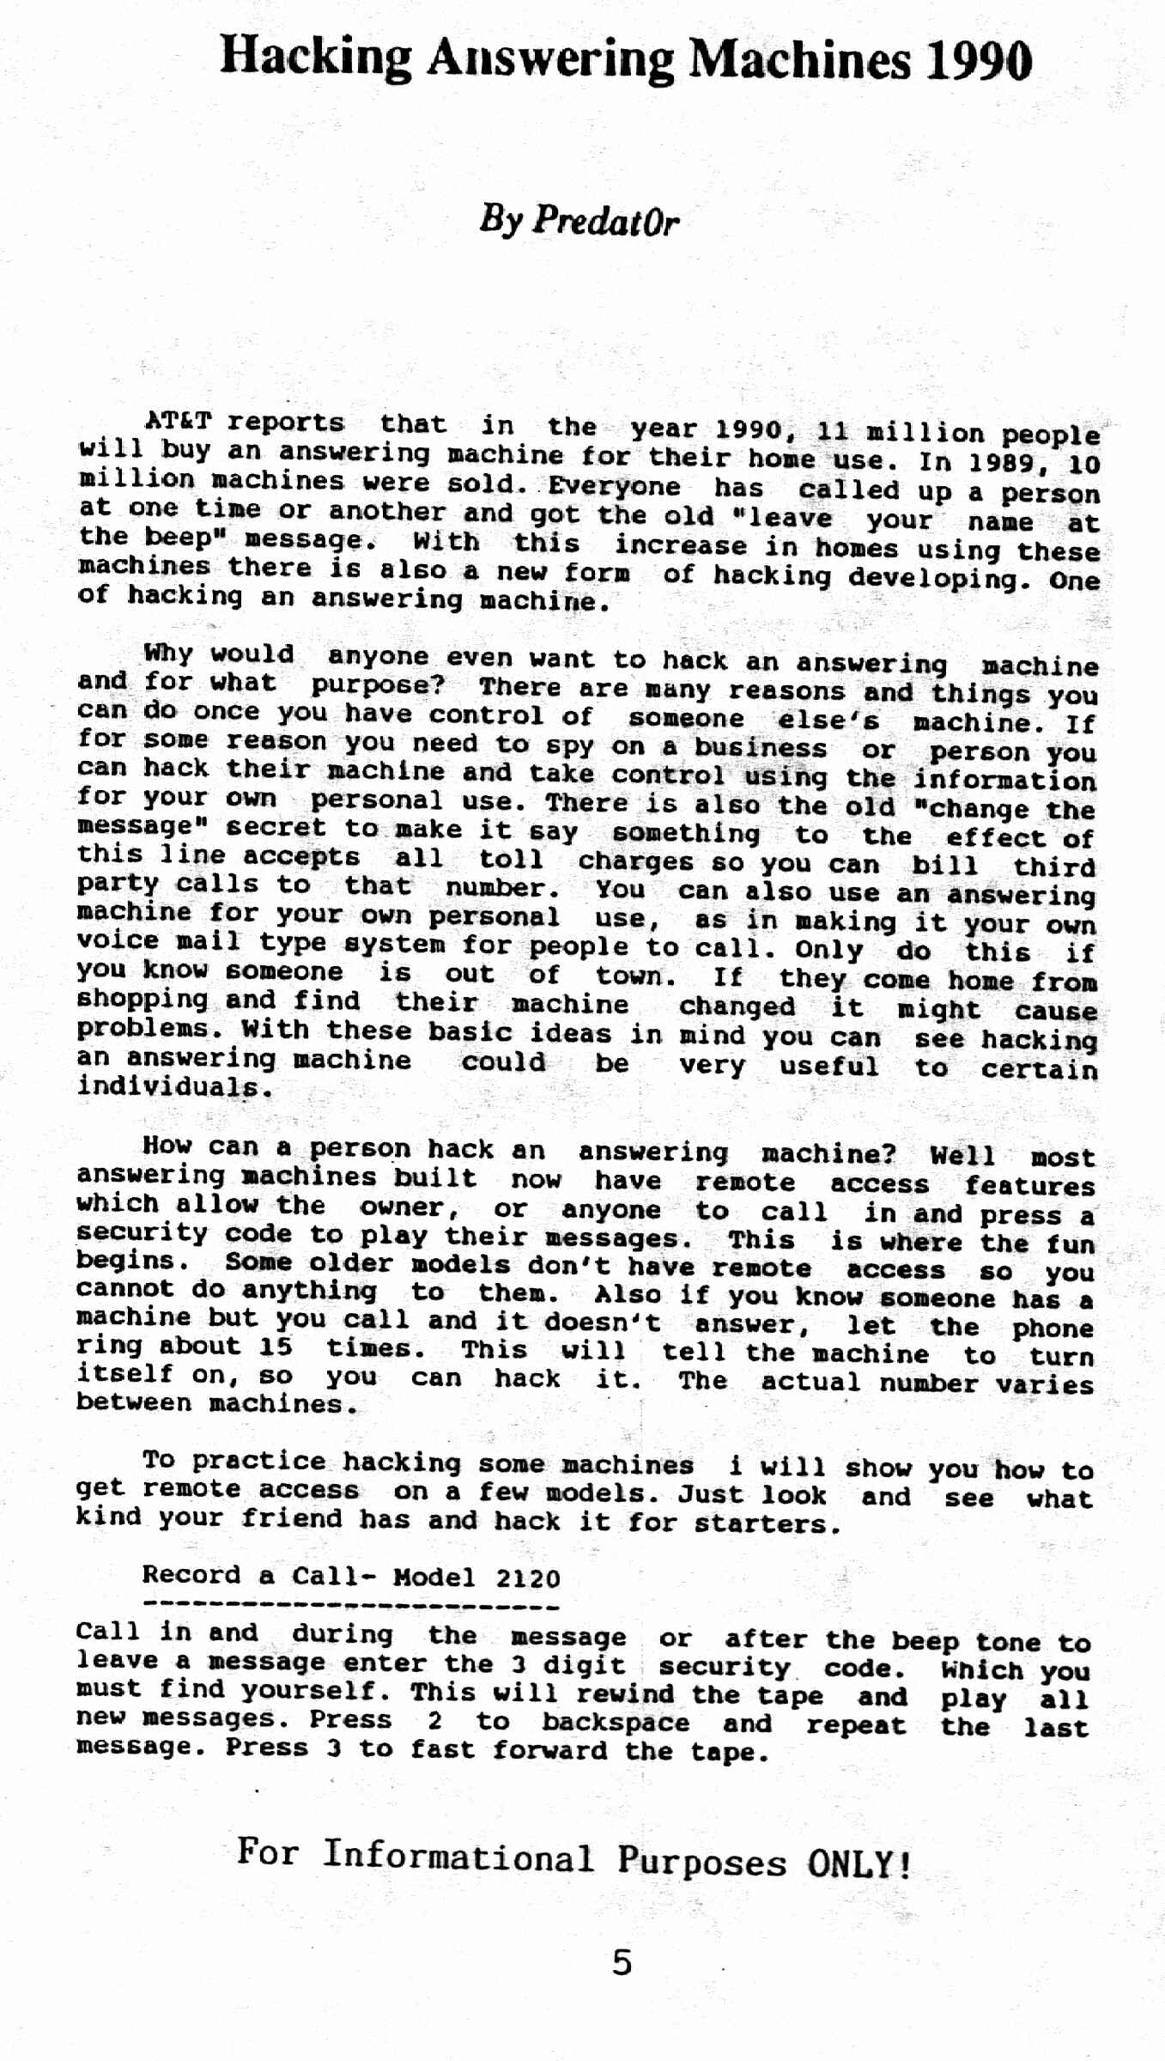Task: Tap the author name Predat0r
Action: [x=605, y=222]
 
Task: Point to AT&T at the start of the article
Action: [x=178, y=422]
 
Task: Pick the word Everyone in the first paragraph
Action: [x=614, y=486]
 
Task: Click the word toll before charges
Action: [x=511, y=858]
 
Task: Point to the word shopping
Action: [x=143, y=1000]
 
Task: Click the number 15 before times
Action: [x=276, y=1346]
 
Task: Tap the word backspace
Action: [x=616, y=1723]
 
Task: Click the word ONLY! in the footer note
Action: [x=859, y=1864]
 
